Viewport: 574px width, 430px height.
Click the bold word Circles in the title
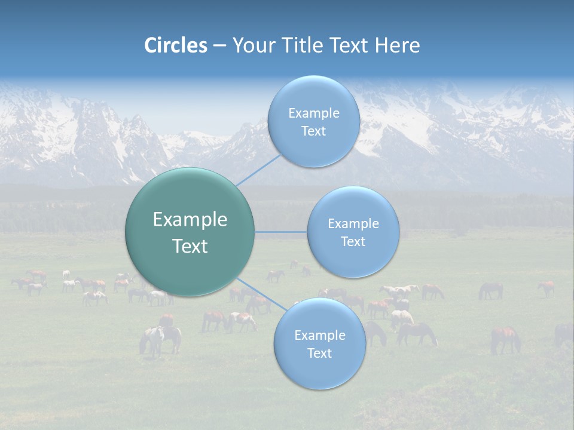[x=175, y=45]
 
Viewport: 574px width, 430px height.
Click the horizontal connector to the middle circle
[x=281, y=231]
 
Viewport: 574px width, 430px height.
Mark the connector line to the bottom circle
[x=262, y=293]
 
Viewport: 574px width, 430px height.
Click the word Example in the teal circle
[x=190, y=220]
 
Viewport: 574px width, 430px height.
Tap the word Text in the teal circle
[x=190, y=246]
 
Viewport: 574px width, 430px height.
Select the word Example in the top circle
[x=313, y=113]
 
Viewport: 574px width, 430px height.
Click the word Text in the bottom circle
[x=319, y=353]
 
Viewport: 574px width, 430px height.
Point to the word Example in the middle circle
[x=353, y=223]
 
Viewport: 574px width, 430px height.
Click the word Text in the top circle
[x=313, y=131]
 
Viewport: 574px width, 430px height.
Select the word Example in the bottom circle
[x=319, y=335]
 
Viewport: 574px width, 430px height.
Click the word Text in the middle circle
[x=353, y=241]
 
